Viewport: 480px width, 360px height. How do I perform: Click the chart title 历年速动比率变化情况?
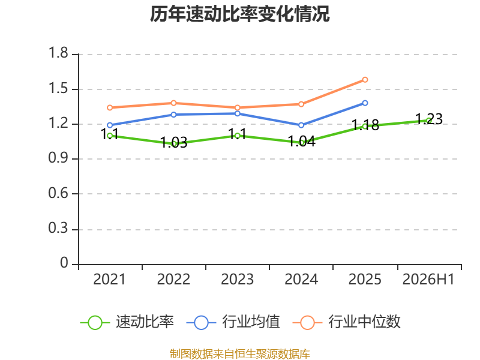pos(239,14)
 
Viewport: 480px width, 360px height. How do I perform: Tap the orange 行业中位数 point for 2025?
pos(365,80)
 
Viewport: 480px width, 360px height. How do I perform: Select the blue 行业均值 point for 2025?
pos(365,103)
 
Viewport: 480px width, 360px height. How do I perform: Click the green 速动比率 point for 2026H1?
pos(429,121)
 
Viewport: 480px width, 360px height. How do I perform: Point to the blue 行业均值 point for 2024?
pos(301,125)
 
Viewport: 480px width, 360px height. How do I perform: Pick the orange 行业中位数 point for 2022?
pos(173,103)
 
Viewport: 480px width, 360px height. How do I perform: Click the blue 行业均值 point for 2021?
pos(110,125)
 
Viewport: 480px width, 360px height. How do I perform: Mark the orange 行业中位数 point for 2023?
pos(237,108)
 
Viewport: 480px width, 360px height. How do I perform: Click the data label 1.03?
pos(174,142)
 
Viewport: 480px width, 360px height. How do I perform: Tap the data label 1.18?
pos(365,125)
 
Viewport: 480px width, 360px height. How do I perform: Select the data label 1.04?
pos(302,142)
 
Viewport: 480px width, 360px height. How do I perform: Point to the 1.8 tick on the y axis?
pos(58,53)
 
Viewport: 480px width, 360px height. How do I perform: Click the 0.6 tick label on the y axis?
pos(58,193)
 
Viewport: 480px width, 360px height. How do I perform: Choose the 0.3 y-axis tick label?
pos(58,229)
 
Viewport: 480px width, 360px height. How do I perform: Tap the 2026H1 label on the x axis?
pos(428,280)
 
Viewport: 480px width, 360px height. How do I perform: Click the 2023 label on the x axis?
pos(237,280)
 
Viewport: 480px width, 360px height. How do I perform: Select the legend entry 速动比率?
pos(127,322)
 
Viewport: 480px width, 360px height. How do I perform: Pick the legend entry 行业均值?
pos(233,322)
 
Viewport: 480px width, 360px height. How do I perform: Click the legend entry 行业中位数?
pos(347,322)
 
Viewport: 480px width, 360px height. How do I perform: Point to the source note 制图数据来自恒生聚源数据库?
pos(240,354)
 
